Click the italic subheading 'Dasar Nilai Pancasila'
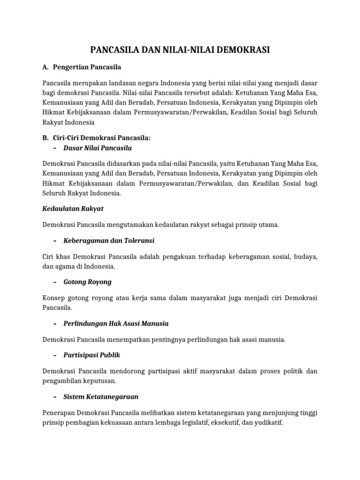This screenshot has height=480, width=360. [x=97, y=148]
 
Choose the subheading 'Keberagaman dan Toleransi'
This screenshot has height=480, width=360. [x=109, y=240]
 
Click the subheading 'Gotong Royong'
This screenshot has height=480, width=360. [x=87, y=282]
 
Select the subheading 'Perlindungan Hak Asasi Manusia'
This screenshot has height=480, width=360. [x=116, y=323]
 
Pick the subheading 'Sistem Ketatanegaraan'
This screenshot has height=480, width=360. [x=101, y=397]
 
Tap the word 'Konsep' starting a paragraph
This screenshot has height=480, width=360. [x=53, y=298]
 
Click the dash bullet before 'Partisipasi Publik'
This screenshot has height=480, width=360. [x=55, y=355]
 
